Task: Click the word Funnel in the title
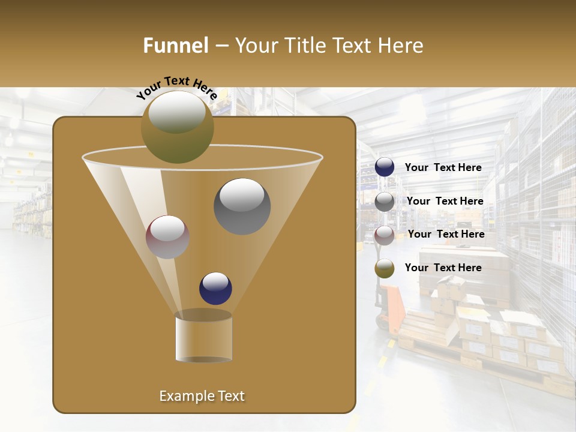tap(175, 45)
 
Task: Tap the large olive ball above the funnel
tap(178, 127)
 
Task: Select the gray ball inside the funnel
tap(242, 206)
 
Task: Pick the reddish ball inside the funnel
tap(167, 237)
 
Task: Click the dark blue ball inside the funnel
tap(215, 288)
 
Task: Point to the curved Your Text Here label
tap(177, 88)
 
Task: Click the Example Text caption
tap(202, 396)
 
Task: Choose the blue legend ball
tap(385, 167)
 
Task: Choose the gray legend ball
tap(385, 201)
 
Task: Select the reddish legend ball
tap(385, 235)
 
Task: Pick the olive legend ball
tap(385, 268)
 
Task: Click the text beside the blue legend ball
tap(443, 167)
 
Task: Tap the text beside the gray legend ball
tap(445, 201)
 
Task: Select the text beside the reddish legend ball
tap(446, 234)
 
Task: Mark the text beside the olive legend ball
tap(443, 268)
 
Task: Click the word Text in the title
tap(355, 45)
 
